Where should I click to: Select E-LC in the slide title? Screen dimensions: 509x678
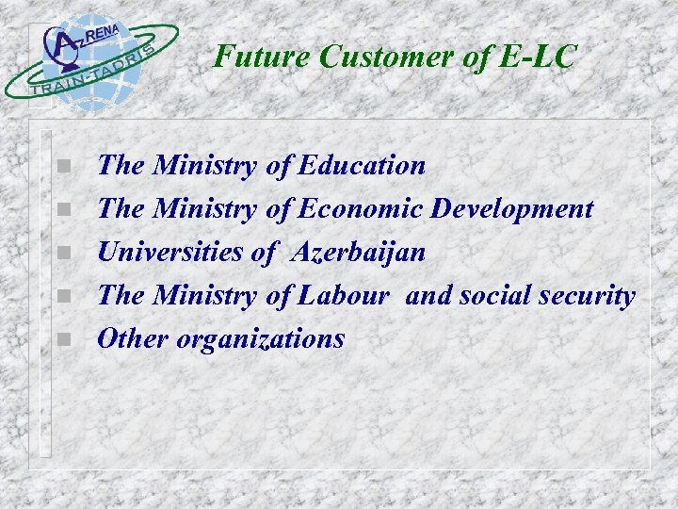pyautogui.click(x=535, y=57)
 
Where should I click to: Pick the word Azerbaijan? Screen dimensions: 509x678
pyautogui.click(x=359, y=253)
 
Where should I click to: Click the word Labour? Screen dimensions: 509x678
pyautogui.click(x=343, y=296)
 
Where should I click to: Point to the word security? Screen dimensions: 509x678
pyautogui.click(x=588, y=296)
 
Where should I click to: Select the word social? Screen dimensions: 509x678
pyautogui.click(x=495, y=296)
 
